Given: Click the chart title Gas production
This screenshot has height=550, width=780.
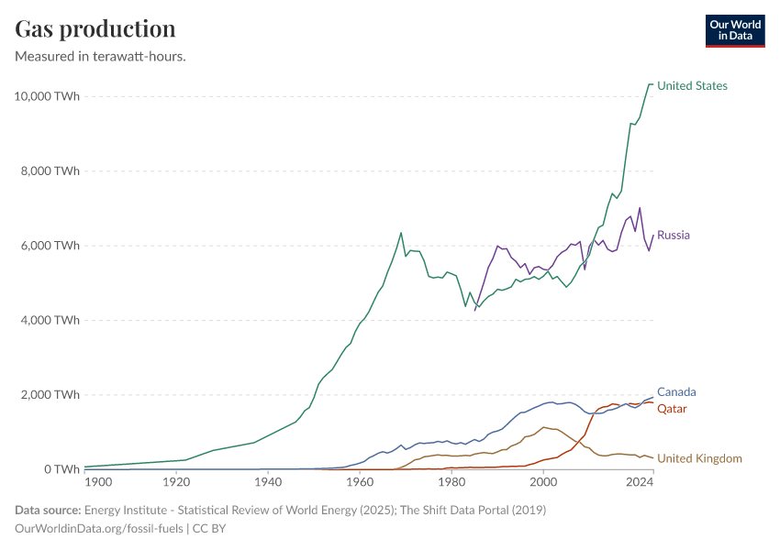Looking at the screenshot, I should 95,28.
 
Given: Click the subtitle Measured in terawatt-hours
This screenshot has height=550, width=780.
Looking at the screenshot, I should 101,57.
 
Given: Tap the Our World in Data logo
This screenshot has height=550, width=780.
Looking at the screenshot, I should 734,30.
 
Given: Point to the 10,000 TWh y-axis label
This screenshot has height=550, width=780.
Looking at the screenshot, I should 48,96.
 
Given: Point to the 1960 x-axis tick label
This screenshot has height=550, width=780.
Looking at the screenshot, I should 360,481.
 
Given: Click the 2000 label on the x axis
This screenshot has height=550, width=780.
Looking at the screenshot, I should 543,481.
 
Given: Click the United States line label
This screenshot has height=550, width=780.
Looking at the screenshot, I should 692,85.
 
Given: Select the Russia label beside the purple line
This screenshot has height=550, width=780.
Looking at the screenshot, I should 673,235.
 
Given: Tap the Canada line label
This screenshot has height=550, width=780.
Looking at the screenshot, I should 676,391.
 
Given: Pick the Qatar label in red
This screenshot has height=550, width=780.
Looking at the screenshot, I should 672,408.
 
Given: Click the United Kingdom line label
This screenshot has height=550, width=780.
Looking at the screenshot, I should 699,458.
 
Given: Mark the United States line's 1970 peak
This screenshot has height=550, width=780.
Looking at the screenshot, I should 401,232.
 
